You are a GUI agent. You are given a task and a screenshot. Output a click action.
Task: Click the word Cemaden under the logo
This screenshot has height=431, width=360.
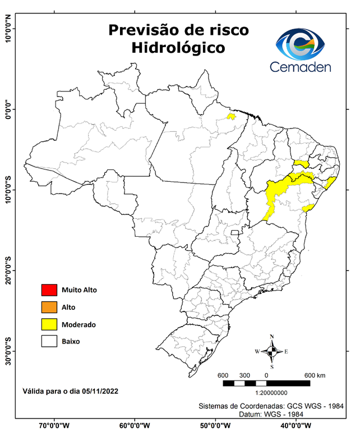coord(301,67)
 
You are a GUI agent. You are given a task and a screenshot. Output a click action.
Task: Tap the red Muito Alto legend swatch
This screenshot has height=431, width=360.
coord(49,290)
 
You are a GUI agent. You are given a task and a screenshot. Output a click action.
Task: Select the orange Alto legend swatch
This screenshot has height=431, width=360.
coord(49,307)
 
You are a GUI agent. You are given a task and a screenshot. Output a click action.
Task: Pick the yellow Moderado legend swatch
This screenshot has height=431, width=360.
coord(49,324)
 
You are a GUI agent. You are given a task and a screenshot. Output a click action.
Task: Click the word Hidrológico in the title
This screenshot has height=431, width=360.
coord(178,48)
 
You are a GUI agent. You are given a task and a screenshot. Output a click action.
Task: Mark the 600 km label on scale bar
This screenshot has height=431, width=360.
coord(315,375)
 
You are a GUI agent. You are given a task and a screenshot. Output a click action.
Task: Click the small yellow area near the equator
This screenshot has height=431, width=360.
coord(230,116)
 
